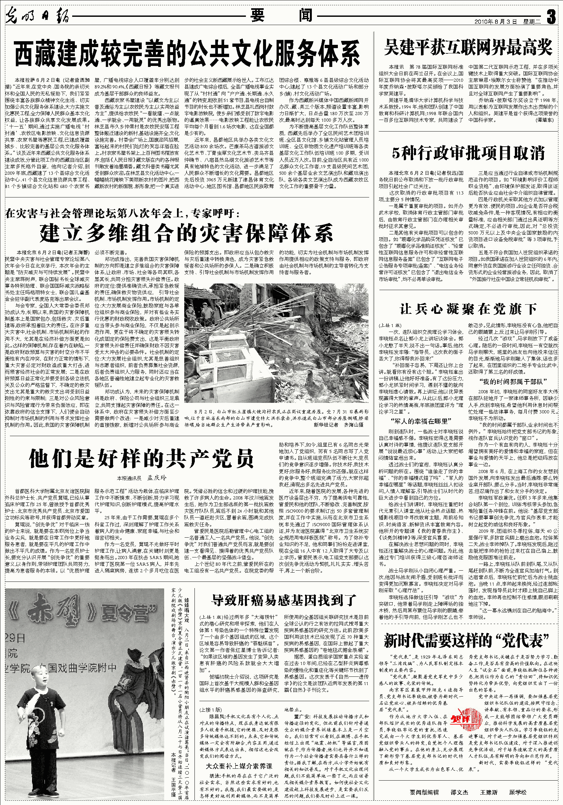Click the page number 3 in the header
click(551, 16)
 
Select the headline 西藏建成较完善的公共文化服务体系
click(187, 53)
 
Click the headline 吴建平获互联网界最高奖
click(468, 47)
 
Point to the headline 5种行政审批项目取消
click(468, 153)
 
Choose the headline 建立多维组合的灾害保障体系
click(186, 233)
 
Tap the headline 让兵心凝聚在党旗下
click(468, 309)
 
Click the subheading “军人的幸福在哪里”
click(421, 421)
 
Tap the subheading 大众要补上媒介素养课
click(239, 766)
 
